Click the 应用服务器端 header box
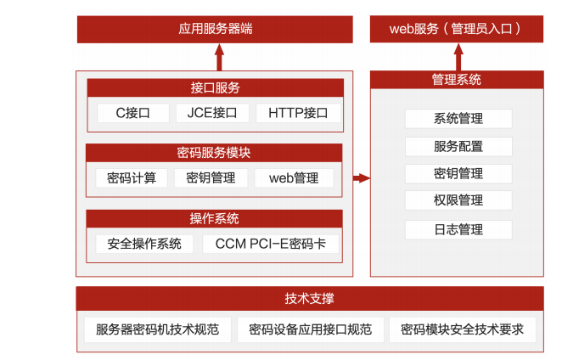(216, 29)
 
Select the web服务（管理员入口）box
(457, 29)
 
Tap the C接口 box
(132, 113)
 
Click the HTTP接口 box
(298, 113)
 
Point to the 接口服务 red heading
(215, 87)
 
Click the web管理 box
(293, 178)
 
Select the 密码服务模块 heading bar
(214, 153)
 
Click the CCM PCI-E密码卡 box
(270, 245)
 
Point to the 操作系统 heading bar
(214, 218)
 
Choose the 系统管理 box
(458, 119)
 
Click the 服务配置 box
(458, 146)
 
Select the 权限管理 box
(458, 200)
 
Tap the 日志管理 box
(458, 230)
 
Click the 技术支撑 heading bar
(309, 299)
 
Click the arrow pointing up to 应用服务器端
(219, 57)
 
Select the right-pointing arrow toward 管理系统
(362, 177)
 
